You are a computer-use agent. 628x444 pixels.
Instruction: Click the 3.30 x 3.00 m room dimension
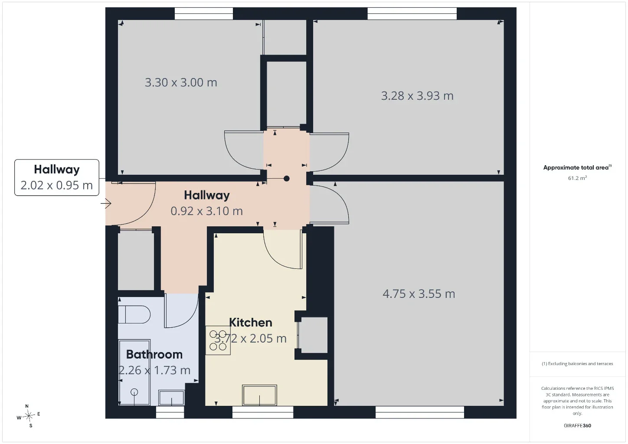(x=181, y=82)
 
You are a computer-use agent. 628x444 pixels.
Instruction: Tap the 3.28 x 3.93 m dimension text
(x=417, y=96)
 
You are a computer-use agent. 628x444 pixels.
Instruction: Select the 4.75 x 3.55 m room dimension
(x=419, y=294)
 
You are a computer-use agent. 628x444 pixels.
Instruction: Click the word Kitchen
(x=251, y=323)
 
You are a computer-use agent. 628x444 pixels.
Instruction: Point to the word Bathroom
(x=154, y=355)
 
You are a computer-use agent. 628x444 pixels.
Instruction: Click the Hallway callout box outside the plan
(x=57, y=177)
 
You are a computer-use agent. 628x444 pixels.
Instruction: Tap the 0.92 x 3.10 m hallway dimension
(x=206, y=211)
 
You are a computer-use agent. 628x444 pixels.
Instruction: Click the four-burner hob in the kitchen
(x=218, y=340)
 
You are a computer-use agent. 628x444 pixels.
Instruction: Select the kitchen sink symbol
(x=260, y=395)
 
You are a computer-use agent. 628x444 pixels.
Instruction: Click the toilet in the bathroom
(x=134, y=314)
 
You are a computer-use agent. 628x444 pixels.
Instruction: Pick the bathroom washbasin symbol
(x=171, y=398)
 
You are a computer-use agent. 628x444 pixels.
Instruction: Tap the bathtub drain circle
(x=134, y=392)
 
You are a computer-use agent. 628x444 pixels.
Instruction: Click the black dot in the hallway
(x=287, y=179)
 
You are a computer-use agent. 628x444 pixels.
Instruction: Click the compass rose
(x=29, y=416)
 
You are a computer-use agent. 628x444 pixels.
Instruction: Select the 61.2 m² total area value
(x=577, y=178)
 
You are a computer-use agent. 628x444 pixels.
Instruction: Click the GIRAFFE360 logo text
(x=577, y=425)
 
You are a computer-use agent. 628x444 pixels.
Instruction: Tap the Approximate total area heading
(x=577, y=168)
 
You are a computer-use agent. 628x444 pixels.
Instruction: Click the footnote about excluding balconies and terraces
(x=577, y=363)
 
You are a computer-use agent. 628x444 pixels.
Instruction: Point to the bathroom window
(x=170, y=412)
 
